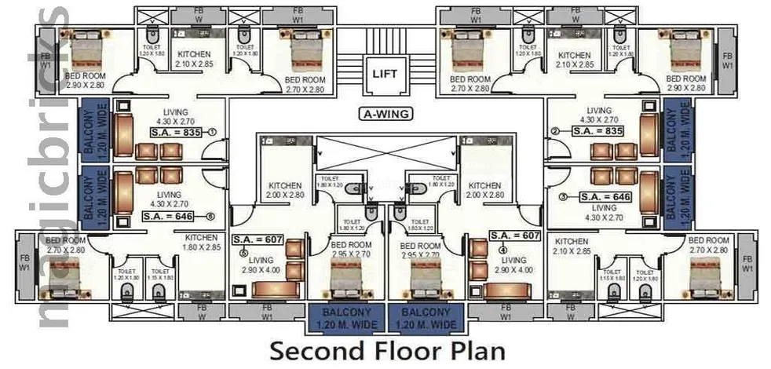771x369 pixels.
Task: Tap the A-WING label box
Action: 385,113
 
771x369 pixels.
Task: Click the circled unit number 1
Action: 213,133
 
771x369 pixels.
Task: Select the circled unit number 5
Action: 243,253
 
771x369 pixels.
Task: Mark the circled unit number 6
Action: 210,215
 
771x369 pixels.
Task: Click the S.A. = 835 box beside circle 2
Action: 597,132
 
